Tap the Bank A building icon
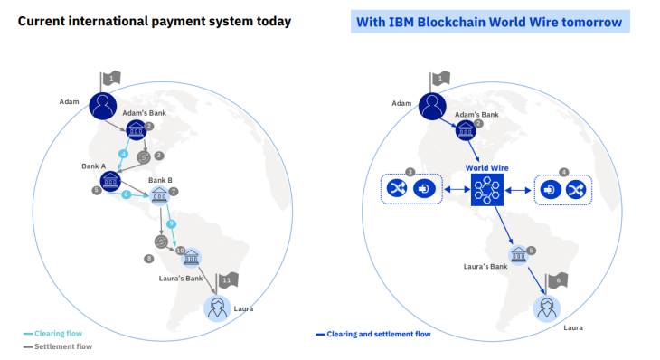point(111,183)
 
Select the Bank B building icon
point(160,193)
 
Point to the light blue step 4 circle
point(124,155)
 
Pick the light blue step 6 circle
point(127,194)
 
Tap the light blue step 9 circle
point(170,223)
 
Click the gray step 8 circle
point(149,259)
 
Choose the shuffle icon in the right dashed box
point(575,189)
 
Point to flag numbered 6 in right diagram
point(559,282)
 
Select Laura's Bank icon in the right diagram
point(518,256)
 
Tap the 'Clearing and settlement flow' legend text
point(378,334)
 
